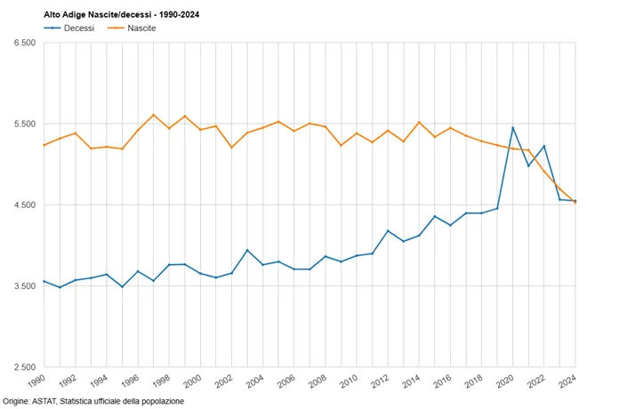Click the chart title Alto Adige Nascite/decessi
(x=98, y=15)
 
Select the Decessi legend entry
(x=68, y=28)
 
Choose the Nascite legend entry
(x=132, y=28)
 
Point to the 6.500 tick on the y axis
(x=25, y=43)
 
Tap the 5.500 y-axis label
(x=25, y=124)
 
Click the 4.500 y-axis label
(x=25, y=204)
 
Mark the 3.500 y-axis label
(x=25, y=285)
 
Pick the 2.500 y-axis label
(x=25, y=367)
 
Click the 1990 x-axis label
(x=36, y=381)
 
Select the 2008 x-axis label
(x=318, y=381)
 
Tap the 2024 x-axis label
(x=568, y=381)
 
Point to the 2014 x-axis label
(x=412, y=381)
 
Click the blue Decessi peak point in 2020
(x=513, y=128)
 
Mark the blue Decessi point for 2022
(x=544, y=146)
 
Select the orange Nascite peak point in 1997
(x=154, y=115)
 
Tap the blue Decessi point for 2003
(x=247, y=251)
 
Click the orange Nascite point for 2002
(x=232, y=148)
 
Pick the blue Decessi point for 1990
(x=44, y=281)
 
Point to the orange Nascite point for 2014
(x=419, y=123)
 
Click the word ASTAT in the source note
(x=44, y=402)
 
